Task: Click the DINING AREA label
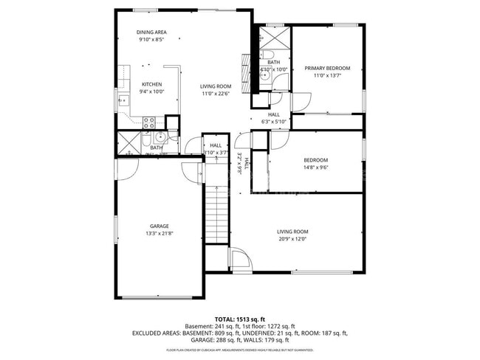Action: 151,32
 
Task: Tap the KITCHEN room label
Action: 151,84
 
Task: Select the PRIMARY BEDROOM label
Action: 327,68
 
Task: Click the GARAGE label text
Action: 160,226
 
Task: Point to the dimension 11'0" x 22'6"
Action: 216,94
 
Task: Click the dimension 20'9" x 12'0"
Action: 292,239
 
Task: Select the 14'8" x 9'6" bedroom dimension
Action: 315,167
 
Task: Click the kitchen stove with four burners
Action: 148,122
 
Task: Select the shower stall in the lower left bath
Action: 127,142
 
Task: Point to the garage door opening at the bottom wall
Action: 159,297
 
